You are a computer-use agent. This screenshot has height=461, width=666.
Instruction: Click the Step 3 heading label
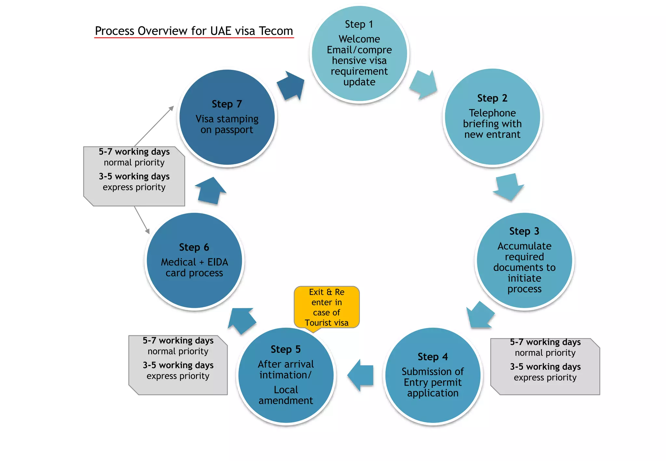524,231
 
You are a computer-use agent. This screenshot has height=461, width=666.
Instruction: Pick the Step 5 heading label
286,349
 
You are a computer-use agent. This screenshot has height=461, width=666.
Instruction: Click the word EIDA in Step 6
218,262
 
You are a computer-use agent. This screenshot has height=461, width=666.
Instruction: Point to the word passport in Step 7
233,130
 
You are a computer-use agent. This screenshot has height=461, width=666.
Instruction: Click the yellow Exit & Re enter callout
326,307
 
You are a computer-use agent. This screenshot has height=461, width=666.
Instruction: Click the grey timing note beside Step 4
545,366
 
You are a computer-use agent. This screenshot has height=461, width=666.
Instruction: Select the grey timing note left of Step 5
178,365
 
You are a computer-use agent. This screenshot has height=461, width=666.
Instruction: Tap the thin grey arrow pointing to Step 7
154,126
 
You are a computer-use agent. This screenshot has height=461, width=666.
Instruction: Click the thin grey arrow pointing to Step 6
142,220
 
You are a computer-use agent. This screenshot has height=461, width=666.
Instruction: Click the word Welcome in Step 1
359,39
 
